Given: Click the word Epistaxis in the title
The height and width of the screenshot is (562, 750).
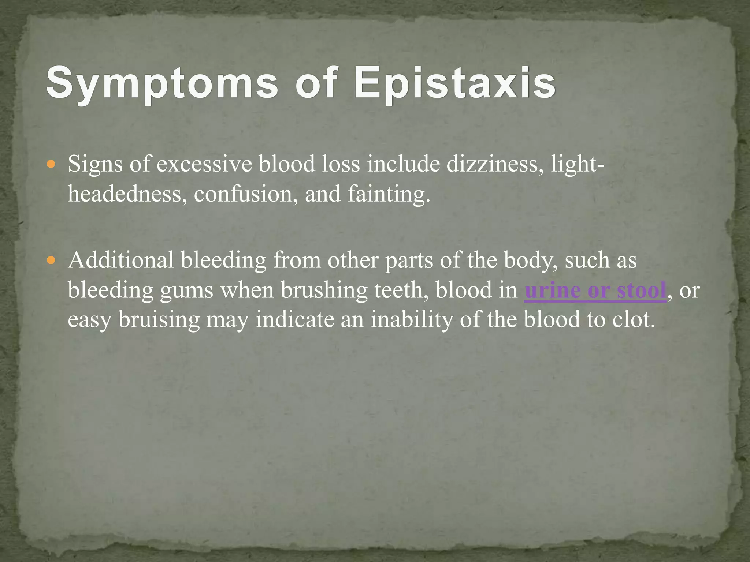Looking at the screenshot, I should coord(454,83).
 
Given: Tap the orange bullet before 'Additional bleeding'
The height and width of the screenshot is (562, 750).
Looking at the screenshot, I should coord(51,261).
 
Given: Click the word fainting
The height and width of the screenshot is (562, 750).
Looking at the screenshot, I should coord(388,194).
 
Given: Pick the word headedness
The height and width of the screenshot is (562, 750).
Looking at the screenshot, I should coord(125,194).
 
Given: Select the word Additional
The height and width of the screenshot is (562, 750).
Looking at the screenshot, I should coord(121,261).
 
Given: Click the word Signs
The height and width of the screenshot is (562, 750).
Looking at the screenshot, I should coord(95,164).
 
